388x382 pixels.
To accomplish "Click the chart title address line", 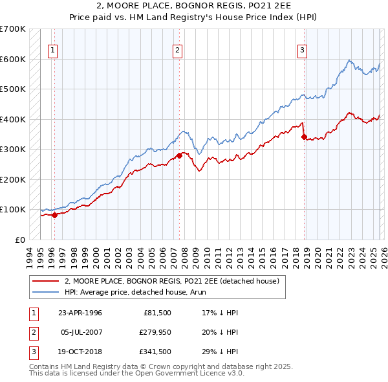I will pos(194,6).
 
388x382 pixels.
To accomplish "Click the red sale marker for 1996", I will pos(55,216).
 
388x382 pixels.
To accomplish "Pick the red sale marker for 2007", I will pos(179,155).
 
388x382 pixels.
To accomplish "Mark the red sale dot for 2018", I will pos(304,137).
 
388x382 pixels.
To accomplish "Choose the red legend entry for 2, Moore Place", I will pos(171,281).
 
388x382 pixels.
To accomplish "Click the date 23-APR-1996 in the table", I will pos(80,313).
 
